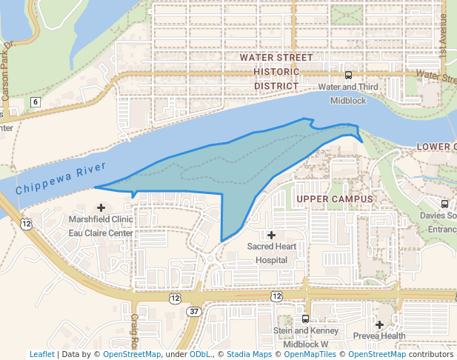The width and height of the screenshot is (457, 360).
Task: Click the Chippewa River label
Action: click(x=61, y=179)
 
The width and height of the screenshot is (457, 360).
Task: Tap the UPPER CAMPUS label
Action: click(x=333, y=199)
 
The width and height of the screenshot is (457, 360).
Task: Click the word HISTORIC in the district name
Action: click(x=276, y=72)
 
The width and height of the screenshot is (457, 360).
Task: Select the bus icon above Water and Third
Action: click(x=348, y=75)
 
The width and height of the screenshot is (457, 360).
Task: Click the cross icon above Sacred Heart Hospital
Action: click(x=271, y=235)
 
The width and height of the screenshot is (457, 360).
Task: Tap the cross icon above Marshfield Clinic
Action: click(x=101, y=207)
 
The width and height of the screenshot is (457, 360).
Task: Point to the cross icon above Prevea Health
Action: click(x=379, y=324)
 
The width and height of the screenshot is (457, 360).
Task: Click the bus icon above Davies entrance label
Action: click(x=444, y=204)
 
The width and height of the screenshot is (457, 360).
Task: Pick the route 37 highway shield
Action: click(x=193, y=311)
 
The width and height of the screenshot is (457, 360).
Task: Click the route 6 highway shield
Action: click(x=35, y=101)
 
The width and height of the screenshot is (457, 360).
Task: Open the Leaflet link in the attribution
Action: click(x=41, y=355)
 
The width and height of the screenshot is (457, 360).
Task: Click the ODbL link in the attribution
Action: click(x=199, y=355)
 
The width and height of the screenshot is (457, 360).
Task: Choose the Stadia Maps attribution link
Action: click(x=249, y=355)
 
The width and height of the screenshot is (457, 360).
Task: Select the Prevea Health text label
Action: click(x=379, y=336)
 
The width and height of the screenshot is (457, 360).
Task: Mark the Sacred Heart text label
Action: click(x=271, y=246)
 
